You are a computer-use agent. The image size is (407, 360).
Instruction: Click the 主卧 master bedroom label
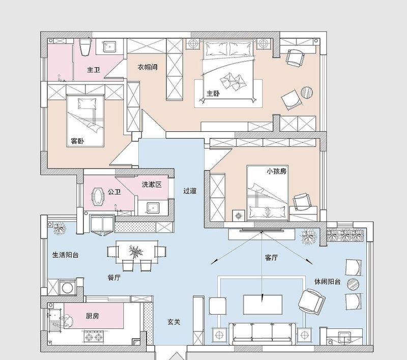tap(213, 94)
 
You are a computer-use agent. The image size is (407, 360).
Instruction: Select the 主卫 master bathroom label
tap(93, 70)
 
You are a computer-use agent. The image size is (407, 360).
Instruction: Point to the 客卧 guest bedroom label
tap(77, 141)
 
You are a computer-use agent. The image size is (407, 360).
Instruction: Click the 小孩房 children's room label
tap(276, 171)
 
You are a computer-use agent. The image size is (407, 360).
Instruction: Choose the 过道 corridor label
tap(190, 191)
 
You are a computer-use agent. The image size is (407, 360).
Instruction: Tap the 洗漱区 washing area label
tap(151, 184)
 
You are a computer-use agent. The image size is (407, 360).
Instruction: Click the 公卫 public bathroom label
tap(114, 192)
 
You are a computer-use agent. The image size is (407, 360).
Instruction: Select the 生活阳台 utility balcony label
tap(65, 255)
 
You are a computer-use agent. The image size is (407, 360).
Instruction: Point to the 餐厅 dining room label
tap(114, 278)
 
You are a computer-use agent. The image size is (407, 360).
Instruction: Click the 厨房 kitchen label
tap(92, 316)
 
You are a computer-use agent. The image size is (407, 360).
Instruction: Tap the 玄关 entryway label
tap(175, 322)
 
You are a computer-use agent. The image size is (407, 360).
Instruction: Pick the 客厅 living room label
tap(271, 258)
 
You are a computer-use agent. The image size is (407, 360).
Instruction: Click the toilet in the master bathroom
tap(85, 47)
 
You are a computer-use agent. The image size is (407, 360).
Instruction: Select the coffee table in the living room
tap(263, 304)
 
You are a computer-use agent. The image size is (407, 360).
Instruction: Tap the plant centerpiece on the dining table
tap(136, 251)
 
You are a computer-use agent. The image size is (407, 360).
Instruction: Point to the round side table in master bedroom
tap(307, 93)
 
